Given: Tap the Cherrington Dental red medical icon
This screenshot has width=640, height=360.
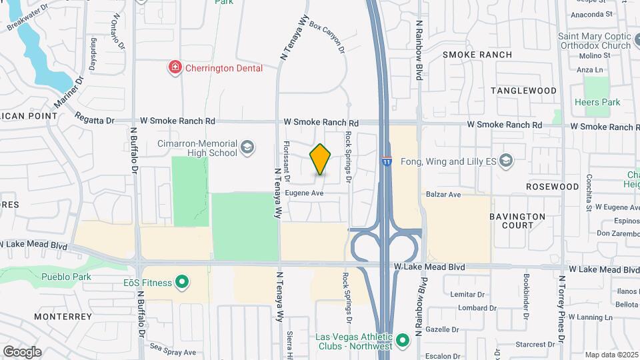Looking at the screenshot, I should pos(175,67).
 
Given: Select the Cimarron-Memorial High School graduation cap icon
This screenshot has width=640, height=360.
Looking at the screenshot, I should pos(247,147).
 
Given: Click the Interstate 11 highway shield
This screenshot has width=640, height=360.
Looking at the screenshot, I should pos(387,161).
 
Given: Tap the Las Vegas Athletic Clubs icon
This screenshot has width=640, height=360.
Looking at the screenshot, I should pos(402,341).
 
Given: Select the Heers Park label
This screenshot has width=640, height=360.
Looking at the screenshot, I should pos(597,102).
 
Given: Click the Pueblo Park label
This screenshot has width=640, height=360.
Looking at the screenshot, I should pos(65,277).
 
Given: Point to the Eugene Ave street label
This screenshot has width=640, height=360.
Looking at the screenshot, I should pos(304,193).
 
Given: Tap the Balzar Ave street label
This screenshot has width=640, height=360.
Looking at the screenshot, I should pos(444,195).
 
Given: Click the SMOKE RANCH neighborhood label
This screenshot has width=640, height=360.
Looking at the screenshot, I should pos(477,55).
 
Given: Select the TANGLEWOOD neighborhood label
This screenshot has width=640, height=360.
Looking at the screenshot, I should pos(523,90).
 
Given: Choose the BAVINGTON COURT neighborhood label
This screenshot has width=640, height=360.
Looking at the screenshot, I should pos(517,221).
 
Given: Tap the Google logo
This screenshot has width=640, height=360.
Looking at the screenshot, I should pos(22,351).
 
